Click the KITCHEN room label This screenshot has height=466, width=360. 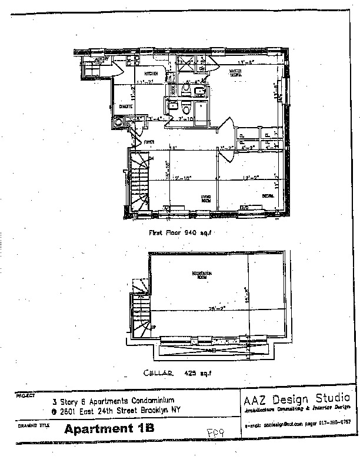click(136, 73)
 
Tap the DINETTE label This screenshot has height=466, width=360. click(125, 106)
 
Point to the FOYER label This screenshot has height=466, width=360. click(149, 141)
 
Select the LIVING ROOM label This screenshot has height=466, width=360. click(206, 198)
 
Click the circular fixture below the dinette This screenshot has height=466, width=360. click(118, 123)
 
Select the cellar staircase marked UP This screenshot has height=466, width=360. click(141, 312)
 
